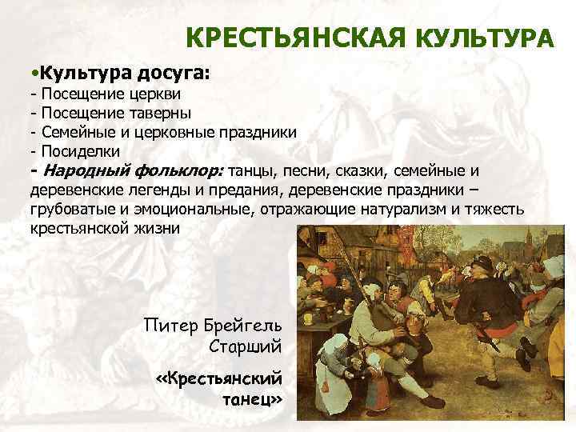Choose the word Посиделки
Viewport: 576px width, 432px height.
(x=80, y=150)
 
